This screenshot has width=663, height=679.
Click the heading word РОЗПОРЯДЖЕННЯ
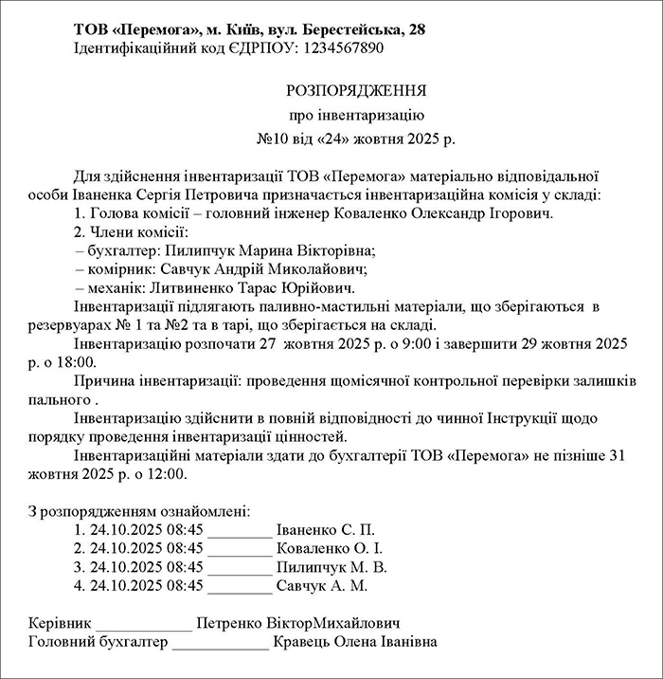[x=356, y=91]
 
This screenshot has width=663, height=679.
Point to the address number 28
[x=416, y=29]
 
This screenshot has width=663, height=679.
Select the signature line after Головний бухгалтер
[x=221, y=644]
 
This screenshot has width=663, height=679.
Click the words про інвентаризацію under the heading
[x=356, y=116]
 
